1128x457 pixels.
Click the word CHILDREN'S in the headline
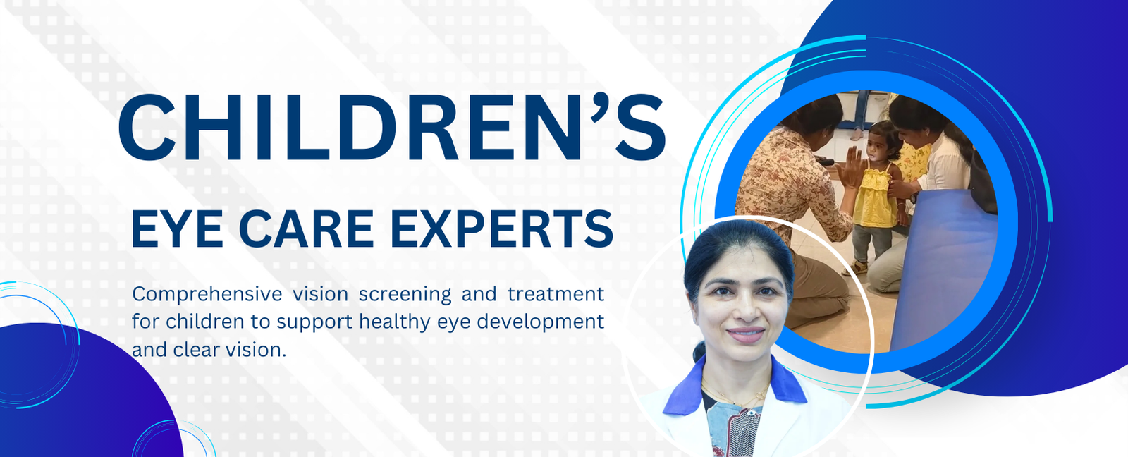tap(392, 128)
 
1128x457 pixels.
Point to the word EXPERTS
tap(502, 229)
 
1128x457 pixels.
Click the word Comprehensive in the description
tap(207, 295)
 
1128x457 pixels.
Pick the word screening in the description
tap(405, 295)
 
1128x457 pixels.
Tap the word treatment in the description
tap(556, 294)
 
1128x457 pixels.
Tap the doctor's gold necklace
tap(735, 396)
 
